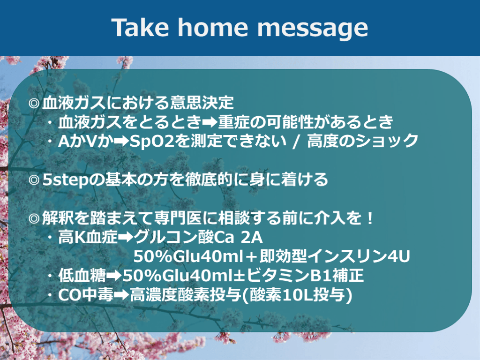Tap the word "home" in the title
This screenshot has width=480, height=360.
click(213, 27)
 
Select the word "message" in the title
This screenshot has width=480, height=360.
click(313, 29)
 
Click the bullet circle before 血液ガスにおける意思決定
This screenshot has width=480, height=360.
click(34, 103)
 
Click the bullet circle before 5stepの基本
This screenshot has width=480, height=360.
click(34, 180)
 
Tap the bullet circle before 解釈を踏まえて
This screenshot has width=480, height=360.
click(34, 218)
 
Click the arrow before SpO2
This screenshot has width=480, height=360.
click(121, 142)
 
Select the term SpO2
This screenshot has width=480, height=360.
click(152, 142)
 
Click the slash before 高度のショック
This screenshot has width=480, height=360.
click(296, 142)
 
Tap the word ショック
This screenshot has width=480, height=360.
click(386, 142)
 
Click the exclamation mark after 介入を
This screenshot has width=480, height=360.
click(370, 218)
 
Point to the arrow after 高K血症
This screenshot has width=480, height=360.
click(126, 237)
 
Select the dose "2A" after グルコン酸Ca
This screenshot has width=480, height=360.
click(252, 237)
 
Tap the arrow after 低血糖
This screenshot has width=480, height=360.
click(114, 276)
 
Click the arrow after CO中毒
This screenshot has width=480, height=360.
click(121, 295)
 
